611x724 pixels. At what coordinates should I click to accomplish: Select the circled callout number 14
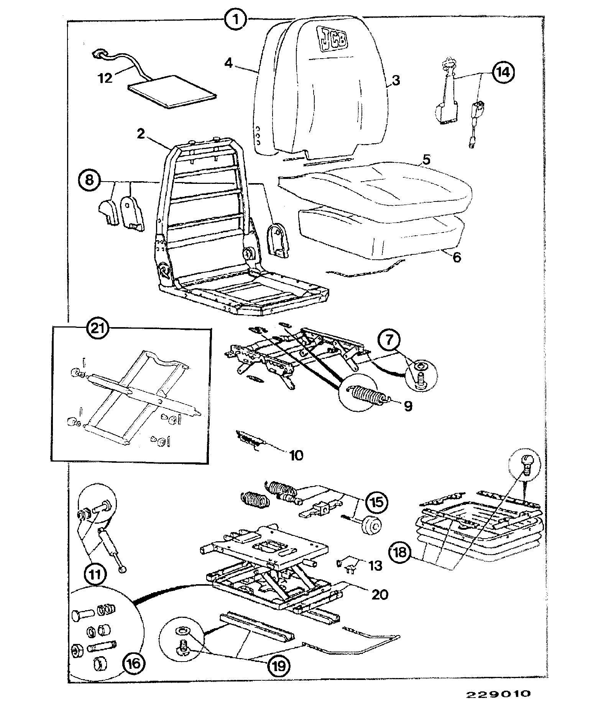[503, 72]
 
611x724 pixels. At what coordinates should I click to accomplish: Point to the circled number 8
[89, 180]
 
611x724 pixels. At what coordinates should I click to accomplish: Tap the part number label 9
[408, 406]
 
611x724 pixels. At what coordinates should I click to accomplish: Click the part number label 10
[297, 455]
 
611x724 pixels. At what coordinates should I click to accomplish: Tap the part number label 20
[379, 594]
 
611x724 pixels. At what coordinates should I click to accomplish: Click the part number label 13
[375, 565]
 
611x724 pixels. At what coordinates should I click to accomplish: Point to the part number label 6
[457, 257]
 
